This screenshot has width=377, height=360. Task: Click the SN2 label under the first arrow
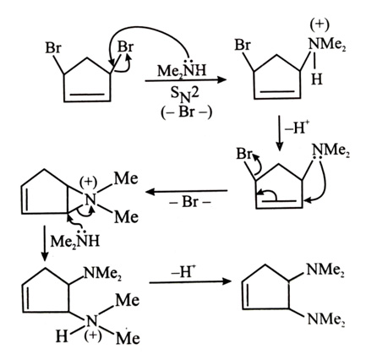[184, 95]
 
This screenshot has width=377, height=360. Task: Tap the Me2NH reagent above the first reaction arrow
[182, 69]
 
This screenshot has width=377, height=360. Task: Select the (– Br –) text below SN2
[186, 112]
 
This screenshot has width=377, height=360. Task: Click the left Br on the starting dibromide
[53, 48]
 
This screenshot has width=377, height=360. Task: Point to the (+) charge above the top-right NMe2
[320, 25]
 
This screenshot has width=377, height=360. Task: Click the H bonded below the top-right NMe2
[316, 79]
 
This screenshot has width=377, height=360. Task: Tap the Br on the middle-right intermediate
[243, 154]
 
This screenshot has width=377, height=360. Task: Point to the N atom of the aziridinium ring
[90, 200]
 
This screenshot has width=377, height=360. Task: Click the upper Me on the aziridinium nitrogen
[126, 178]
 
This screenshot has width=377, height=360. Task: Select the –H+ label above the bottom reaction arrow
[184, 271]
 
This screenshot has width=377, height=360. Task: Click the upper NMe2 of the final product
[325, 270]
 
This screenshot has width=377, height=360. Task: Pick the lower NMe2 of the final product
[326, 319]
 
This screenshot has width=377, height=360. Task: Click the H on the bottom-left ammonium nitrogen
[62, 335]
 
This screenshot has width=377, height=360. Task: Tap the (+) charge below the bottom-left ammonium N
[92, 336]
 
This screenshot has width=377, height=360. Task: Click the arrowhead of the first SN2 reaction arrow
[222, 80]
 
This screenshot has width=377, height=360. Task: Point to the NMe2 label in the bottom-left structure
[102, 273]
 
